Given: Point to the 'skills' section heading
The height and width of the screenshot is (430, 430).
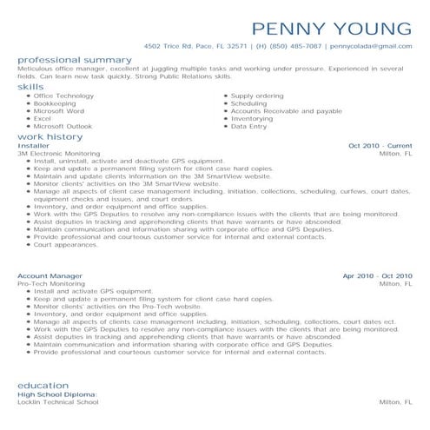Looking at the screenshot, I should tap(30, 87).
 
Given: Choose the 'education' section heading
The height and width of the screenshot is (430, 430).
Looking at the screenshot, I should tap(42, 384).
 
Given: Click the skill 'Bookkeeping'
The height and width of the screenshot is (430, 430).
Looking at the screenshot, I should tap(55, 103).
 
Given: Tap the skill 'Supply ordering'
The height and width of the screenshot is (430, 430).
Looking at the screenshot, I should tap(256, 96).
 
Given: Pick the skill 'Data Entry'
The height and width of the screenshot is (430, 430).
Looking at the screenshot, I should tap(250, 126).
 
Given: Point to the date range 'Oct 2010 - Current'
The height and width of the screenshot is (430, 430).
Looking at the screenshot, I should tap(380, 146).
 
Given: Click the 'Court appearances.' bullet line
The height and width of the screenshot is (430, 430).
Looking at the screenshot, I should tap(67, 244).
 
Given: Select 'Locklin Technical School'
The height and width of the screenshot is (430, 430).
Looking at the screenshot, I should tap(58, 402).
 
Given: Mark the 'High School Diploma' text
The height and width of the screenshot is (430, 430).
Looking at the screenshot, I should tap(57, 394).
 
